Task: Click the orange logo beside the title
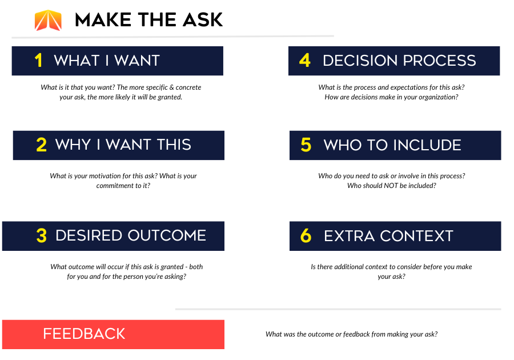coord(48,20)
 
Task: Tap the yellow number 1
coord(38,61)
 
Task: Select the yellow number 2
coord(41,145)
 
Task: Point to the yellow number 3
coord(41,235)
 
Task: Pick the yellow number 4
coord(305,61)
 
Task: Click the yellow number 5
coord(306,145)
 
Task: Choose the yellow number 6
coord(306,235)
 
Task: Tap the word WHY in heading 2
coord(73,145)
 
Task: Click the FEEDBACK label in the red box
coord(84,334)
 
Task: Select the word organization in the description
coord(439,97)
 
